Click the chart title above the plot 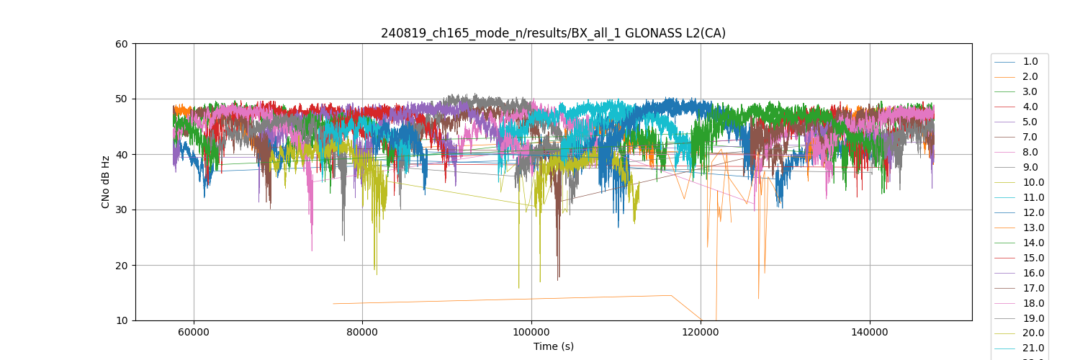click(553, 33)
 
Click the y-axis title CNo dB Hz click(106, 181)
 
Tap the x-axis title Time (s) click(553, 346)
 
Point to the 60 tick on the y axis click(122, 44)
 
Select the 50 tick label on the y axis click(122, 99)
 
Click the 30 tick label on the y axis click(122, 210)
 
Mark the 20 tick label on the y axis click(122, 266)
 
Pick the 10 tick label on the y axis click(122, 320)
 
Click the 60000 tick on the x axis click(193, 332)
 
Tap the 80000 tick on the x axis click(362, 332)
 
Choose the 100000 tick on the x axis click(531, 332)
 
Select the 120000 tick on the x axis click(701, 332)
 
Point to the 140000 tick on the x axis click(870, 332)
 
